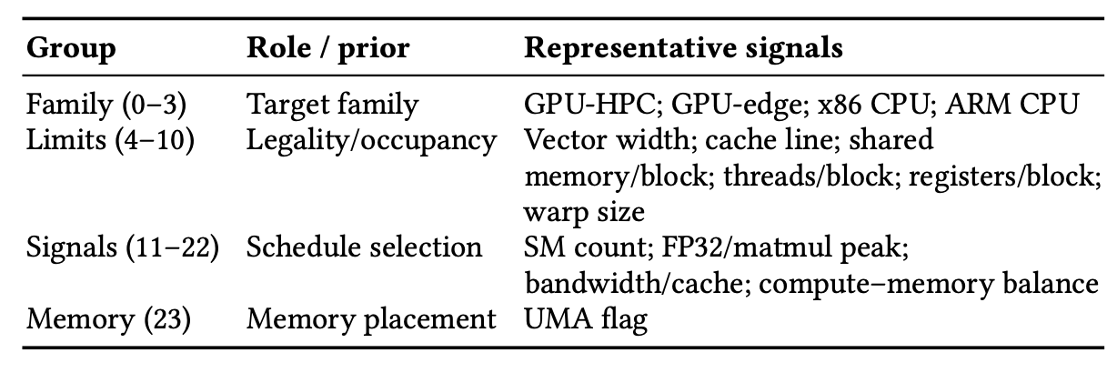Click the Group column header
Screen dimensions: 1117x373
(71, 49)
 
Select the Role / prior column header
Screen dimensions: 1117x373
(328, 48)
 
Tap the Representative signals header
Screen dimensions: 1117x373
(683, 49)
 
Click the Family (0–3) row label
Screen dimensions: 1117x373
(106, 105)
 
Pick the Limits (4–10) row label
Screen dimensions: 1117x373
(110, 139)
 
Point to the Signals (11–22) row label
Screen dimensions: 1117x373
(123, 247)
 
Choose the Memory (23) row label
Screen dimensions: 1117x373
(108, 319)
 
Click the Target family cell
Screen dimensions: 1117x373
(333, 105)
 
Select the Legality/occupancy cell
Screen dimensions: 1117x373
(371, 140)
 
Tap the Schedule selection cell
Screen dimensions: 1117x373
(365, 247)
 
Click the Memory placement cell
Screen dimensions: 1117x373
(371, 319)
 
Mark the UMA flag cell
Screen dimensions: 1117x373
(586, 319)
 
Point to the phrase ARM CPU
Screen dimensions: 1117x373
(1011, 105)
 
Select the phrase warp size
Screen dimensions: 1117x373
(584, 213)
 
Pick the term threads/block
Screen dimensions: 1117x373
(808, 176)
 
